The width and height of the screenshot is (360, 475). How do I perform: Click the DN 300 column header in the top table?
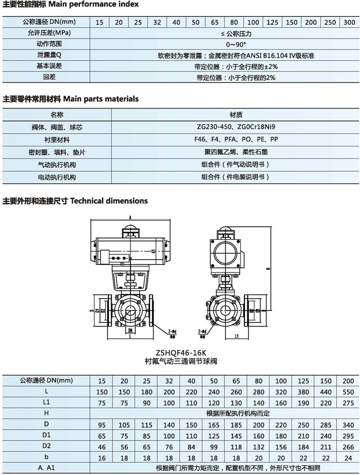tap(349, 22)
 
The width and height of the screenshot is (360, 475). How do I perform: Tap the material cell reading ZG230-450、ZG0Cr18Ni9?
tap(224, 126)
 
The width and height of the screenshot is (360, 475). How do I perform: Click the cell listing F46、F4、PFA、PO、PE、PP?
tap(224, 139)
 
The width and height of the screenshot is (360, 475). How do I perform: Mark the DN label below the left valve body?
tap(131, 331)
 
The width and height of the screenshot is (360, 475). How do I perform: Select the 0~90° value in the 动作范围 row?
tap(224, 44)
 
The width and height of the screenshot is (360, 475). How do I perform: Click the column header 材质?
tap(224, 114)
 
